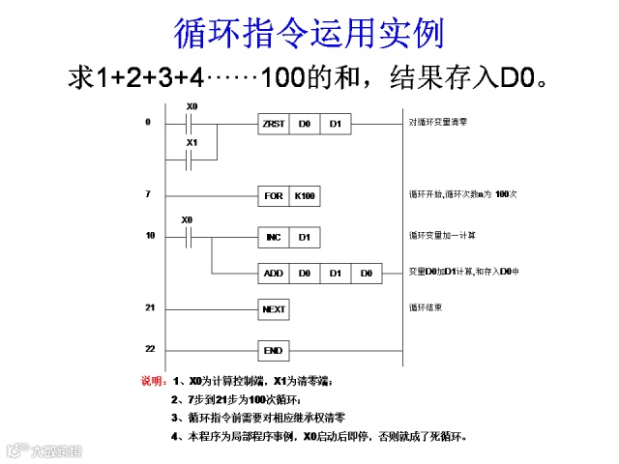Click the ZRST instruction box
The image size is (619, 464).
point(274,125)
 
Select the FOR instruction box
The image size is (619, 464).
point(274,196)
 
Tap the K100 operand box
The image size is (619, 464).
point(305,196)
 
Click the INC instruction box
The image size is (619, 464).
point(274,237)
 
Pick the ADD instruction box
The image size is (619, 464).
point(274,274)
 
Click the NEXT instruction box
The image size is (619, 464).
point(274,309)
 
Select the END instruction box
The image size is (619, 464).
point(274,350)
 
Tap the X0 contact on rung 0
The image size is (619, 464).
point(191,125)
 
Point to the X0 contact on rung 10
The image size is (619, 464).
point(189,237)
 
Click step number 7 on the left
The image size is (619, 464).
point(148,194)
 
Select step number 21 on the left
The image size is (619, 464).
point(150,307)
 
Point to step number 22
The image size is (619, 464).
point(150,348)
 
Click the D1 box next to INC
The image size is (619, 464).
point(305,237)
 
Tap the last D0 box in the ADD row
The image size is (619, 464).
point(367,274)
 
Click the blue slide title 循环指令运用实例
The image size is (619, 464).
point(309,33)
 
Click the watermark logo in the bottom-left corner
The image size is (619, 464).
point(44,449)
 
